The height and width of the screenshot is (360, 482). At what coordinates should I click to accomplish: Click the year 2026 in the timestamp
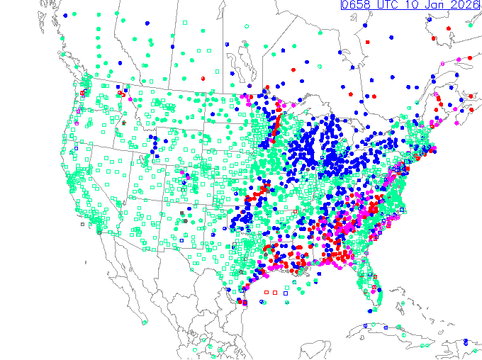[465, 6]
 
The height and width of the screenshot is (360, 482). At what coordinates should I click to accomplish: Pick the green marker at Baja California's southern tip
[145, 322]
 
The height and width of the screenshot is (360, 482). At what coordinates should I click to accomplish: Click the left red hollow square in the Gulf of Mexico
[267, 292]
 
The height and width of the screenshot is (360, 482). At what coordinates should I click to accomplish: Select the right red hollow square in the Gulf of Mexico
[275, 292]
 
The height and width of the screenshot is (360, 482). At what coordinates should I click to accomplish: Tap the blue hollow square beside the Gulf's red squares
[286, 292]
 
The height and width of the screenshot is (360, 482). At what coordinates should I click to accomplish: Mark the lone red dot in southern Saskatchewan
[203, 77]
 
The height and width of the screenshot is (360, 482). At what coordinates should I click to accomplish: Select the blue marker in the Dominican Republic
[465, 342]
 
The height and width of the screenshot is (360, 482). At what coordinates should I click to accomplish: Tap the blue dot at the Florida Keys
[370, 310]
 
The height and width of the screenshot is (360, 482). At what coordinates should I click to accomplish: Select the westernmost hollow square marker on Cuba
[366, 325]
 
